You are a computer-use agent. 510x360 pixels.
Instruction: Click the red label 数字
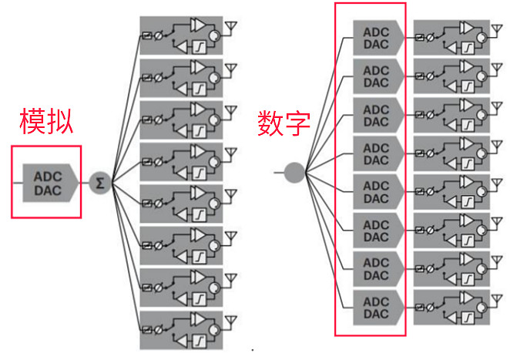[x=284, y=122]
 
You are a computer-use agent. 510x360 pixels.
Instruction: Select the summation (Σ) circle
[x=100, y=183]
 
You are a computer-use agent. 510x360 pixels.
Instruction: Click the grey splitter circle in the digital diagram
[x=294, y=171]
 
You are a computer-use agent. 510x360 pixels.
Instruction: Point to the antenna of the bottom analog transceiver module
[x=230, y=321]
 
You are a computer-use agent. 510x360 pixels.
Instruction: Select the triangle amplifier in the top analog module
[x=198, y=26]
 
